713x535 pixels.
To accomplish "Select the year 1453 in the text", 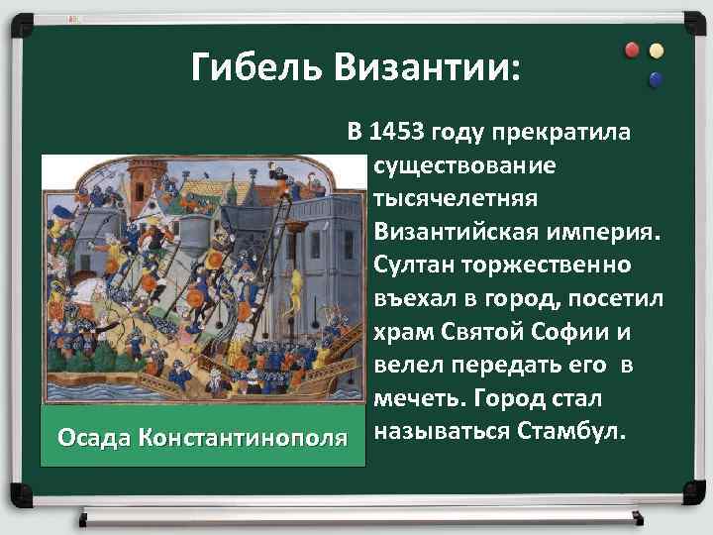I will click(396, 131).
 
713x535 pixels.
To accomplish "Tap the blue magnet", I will click(655, 77).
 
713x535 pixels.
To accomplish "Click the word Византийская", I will click(455, 232).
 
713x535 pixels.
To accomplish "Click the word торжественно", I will click(556, 266).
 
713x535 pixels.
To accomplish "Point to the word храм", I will click(401, 332).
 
